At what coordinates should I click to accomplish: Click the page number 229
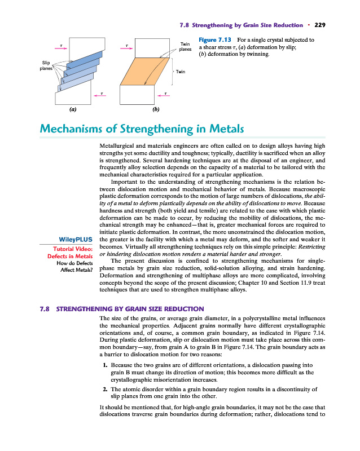click(320, 25)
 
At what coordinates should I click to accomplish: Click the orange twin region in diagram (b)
click(144, 72)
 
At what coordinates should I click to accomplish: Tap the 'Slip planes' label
click(46, 65)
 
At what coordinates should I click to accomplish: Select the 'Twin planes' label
click(185, 47)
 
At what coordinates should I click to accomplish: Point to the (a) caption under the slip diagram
click(73, 109)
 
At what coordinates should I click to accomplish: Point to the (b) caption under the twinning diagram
click(156, 109)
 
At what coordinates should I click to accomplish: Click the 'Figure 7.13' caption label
click(215, 39)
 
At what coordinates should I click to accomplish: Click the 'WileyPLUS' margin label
click(76, 239)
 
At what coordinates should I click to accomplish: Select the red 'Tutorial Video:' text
click(73, 249)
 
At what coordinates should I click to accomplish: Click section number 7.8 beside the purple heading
click(45, 309)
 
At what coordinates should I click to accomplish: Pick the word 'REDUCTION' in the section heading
click(184, 309)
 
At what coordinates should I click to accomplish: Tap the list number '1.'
click(105, 365)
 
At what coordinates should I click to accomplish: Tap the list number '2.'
click(105, 390)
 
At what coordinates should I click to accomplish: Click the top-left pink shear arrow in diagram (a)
click(61, 48)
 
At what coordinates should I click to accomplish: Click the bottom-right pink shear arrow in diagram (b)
click(164, 95)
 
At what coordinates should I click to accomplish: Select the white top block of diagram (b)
click(152, 48)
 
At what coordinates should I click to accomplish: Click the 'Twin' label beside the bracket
click(181, 72)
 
